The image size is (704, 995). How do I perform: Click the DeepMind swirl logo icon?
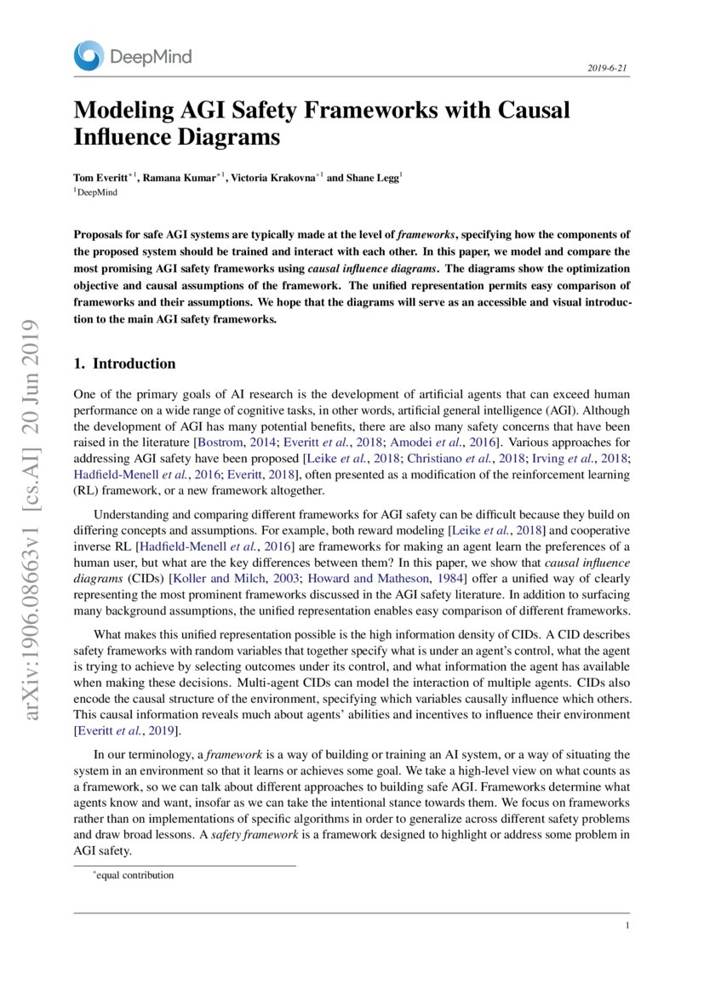[89, 56]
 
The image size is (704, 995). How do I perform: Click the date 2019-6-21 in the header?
[608, 68]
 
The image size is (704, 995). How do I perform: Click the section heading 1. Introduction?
[125, 363]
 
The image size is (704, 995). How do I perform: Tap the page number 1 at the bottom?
[627, 926]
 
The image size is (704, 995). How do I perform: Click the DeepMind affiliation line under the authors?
[97, 192]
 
